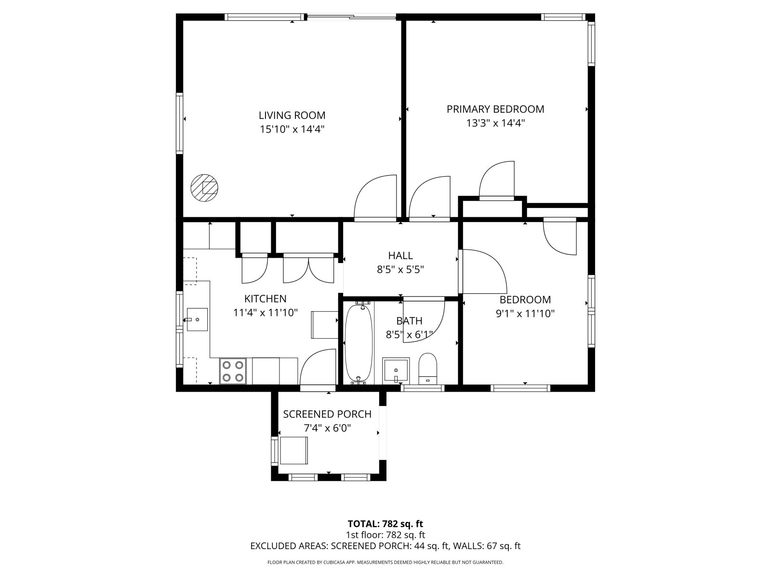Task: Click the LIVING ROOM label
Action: tap(292, 115)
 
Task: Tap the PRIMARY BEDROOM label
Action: tap(495, 109)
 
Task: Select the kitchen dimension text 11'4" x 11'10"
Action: tap(266, 312)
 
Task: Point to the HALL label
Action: tap(400, 255)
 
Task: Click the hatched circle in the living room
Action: tap(204, 188)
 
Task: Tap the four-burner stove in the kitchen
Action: tap(233, 371)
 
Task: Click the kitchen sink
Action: tap(197, 319)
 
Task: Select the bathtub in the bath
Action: tap(359, 343)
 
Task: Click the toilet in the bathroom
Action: tap(427, 368)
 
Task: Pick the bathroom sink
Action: tap(396, 370)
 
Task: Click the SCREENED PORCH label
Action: tap(327, 414)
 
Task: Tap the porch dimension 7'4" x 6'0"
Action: tap(327, 428)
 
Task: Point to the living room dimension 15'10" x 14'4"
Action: tap(292, 129)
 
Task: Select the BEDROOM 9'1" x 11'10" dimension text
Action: tap(525, 313)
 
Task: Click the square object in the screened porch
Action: tap(293, 450)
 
